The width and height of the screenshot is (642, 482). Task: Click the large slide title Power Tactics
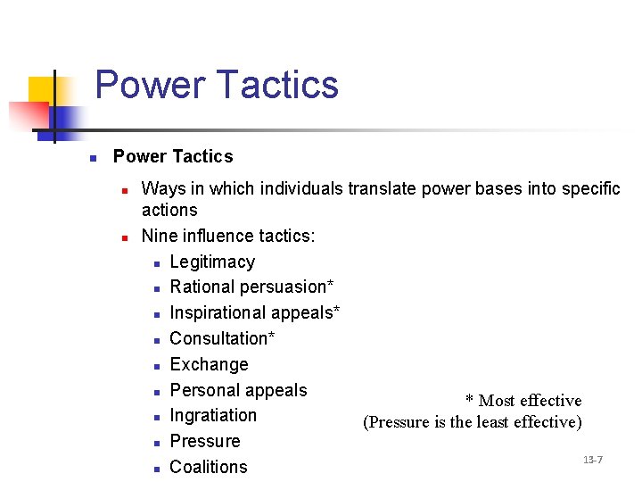217,85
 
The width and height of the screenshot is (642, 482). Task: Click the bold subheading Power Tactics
173,156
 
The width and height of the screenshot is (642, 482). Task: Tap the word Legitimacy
212,262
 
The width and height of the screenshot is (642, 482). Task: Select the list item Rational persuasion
251,287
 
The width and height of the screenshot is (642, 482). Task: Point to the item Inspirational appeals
254,312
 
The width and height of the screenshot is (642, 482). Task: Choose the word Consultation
221,338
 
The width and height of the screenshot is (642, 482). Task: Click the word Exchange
209,364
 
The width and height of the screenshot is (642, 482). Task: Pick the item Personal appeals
238,390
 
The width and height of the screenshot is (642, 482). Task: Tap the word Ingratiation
213,415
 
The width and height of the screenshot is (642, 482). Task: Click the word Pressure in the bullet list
205,441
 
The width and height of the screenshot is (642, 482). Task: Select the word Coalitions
209,467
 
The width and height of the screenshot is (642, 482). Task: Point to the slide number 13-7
593,460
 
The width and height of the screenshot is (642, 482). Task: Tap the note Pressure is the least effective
473,422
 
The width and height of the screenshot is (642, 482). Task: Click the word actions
169,210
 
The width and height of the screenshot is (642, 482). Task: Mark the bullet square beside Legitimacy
156,263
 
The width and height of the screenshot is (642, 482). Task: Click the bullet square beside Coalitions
156,468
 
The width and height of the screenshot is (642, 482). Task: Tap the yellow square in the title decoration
40,89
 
